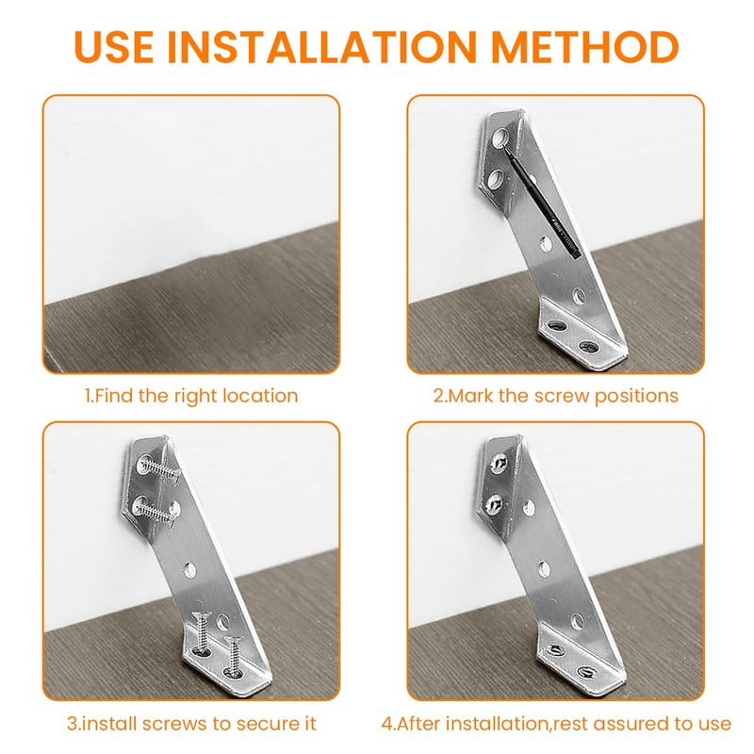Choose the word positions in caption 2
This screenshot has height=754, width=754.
[637, 396]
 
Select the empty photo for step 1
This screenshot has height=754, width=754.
[191, 234]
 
